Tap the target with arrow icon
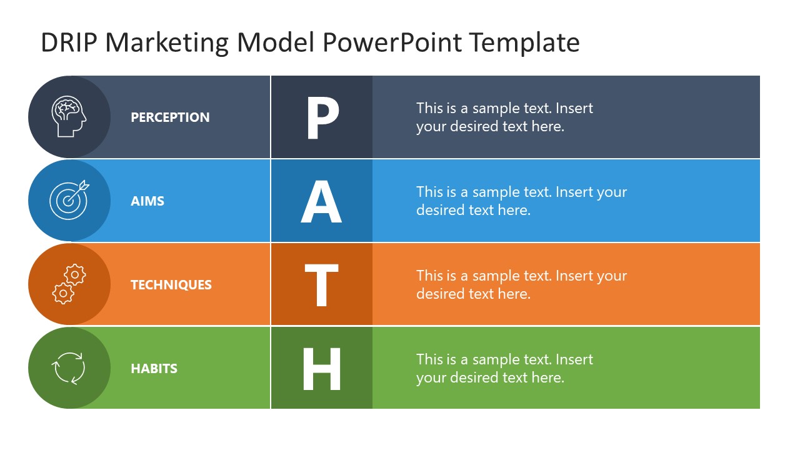pos(69,200)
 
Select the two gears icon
pos(69,284)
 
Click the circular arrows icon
pos(69,368)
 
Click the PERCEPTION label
pos(170,117)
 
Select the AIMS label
pos(147,201)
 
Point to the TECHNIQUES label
pos(171,285)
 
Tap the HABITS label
pos(154,369)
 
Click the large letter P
pos(322,118)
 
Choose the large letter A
pos(321,202)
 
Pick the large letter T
pos(321,285)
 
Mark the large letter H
pos(321,369)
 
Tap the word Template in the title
pos(524,43)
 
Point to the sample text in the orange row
pos(521,284)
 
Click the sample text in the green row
pos(504,368)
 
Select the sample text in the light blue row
pos(521,201)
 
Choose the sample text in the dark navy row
pos(504,117)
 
